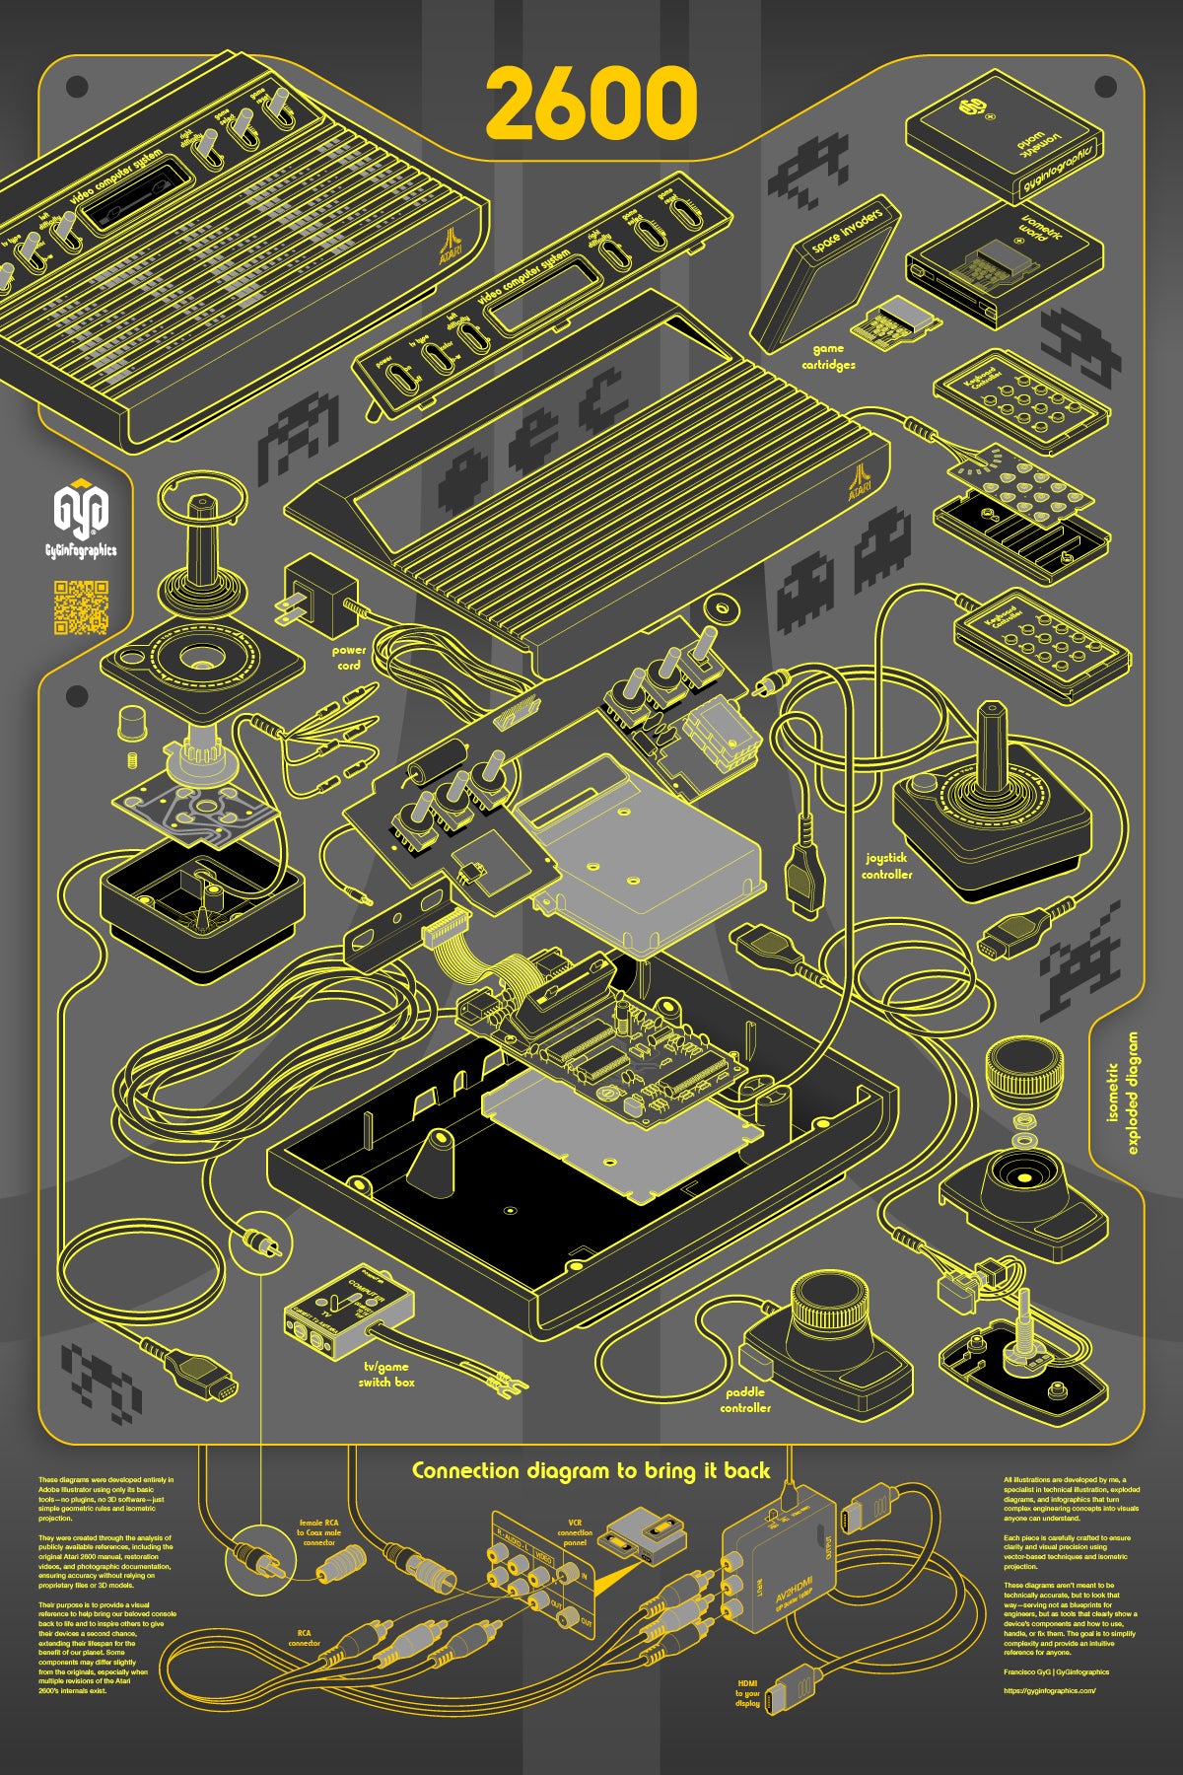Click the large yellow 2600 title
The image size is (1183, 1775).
click(x=591, y=105)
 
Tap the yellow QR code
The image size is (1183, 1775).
click(x=80, y=607)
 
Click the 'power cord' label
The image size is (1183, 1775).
click(x=348, y=658)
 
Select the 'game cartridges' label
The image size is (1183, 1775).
click(x=828, y=356)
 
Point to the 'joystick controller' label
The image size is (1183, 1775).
click(x=886, y=866)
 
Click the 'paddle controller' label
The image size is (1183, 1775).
click(x=746, y=1400)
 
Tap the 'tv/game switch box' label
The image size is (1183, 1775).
click(x=385, y=1375)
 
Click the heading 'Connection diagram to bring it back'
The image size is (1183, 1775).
click(x=591, y=1470)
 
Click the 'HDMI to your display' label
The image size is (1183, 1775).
click(x=747, y=1693)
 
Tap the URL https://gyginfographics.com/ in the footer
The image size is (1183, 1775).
click(x=1049, y=1691)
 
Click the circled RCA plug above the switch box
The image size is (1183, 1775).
click(x=261, y=1243)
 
